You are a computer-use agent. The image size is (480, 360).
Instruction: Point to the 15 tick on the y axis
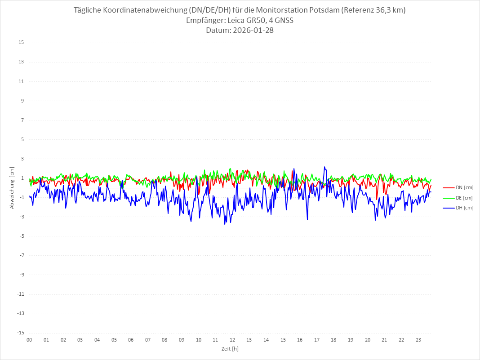click(x=21, y=43)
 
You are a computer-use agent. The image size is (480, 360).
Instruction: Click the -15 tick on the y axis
click(x=20, y=333)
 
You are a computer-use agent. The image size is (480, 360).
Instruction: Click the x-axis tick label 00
click(x=29, y=340)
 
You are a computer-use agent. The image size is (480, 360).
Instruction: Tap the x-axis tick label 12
click(x=232, y=340)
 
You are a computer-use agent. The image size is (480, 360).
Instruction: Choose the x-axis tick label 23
click(x=418, y=340)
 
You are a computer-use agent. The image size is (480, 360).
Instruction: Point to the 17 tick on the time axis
click(x=317, y=340)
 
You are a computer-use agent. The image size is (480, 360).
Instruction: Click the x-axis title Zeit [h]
click(x=230, y=348)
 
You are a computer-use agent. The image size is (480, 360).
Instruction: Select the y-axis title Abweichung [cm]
click(x=12, y=187)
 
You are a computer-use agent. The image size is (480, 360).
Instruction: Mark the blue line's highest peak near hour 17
click(x=324, y=167)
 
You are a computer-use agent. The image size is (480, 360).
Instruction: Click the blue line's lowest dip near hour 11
click(x=225, y=224)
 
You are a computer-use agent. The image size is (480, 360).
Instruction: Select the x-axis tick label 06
click(x=131, y=340)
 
